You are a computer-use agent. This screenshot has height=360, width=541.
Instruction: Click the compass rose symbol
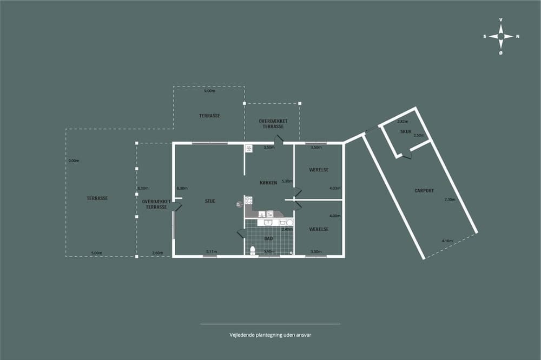coord(501,36)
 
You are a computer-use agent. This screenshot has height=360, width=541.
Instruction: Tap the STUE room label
coord(210,201)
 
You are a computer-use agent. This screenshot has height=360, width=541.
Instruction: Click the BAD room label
coord(268,238)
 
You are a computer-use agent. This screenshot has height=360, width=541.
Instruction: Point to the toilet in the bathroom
coord(253,250)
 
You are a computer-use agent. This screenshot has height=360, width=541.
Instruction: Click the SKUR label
coord(406,131)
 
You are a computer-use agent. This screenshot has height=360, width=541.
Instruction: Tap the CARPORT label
coord(424,190)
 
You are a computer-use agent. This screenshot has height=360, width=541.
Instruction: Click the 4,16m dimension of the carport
coord(447,241)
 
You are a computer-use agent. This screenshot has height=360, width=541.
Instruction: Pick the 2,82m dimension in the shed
coord(403,122)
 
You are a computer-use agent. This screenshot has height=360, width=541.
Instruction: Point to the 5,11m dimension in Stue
coord(212,251)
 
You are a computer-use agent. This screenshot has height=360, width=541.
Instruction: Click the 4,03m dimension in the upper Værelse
coord(335,188)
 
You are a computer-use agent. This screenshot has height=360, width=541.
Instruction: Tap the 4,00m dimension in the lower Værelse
coord(335,216)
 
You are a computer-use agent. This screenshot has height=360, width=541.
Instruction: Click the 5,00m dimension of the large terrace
coord(96,252)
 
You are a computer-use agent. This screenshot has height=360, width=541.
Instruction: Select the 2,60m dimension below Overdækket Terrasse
coord(157,252)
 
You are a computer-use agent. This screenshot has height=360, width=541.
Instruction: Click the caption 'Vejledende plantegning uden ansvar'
coord(270,335)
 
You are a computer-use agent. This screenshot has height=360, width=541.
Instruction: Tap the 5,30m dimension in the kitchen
coord(287,181)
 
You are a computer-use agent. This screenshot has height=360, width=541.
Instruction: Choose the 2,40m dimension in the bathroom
coord(287,229)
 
